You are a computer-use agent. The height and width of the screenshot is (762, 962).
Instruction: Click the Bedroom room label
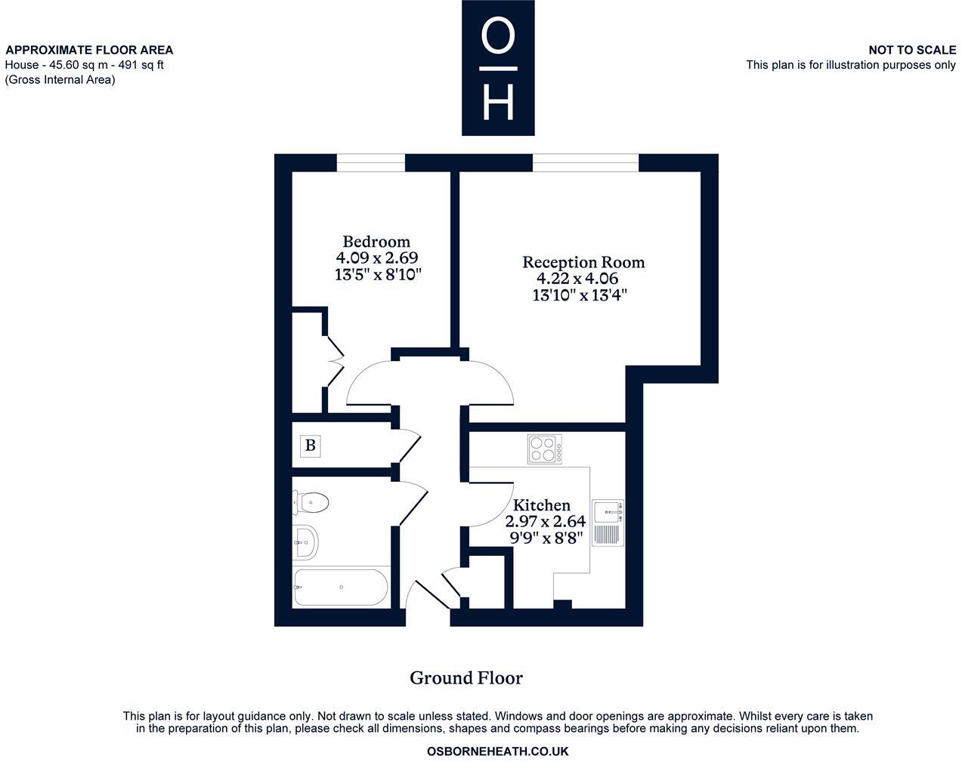376,242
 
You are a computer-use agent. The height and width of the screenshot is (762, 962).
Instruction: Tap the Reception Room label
583,262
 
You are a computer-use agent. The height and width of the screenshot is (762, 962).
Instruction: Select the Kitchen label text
542,505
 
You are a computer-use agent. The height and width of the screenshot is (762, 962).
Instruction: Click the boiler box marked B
310,446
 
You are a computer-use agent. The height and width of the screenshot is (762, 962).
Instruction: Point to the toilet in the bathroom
311,502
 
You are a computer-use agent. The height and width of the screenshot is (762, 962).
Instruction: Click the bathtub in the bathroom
341,588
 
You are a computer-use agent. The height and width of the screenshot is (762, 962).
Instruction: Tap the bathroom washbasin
306,541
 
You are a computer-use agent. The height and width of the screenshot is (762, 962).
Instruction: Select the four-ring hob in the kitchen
544,449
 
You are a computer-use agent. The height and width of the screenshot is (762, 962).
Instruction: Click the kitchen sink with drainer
608,523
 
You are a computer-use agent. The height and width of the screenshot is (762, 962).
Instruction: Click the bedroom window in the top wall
370,162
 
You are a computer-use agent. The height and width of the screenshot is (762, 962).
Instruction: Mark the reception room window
586,162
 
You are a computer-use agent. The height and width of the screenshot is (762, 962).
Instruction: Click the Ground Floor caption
466,678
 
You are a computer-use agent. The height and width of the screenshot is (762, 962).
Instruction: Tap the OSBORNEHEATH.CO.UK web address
497,751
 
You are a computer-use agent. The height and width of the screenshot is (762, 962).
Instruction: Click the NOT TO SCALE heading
911,50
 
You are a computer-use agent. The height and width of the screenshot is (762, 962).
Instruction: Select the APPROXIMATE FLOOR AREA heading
89,50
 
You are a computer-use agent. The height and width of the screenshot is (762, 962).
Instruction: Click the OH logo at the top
498,68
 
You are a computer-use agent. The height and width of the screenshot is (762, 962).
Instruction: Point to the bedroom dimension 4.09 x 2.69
377,258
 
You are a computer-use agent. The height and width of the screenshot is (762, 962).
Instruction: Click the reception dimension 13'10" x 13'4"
580,295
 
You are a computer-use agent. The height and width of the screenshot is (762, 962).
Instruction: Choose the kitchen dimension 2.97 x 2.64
545,522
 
